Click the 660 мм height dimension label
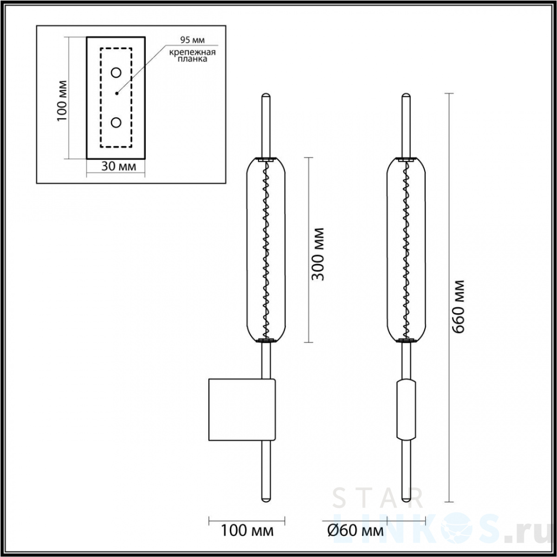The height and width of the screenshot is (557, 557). click(x=458, y=306)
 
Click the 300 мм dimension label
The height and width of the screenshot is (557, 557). click(x=318, y=254)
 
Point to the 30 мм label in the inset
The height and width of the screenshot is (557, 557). click(x=119, y=166)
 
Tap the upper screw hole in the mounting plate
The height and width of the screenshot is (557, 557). click(x=116, y=72)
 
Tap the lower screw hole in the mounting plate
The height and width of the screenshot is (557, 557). click(x=116, y=123)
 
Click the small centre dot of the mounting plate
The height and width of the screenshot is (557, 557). click(x=117, y=93)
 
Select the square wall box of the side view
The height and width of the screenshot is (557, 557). click(x=241, y=409)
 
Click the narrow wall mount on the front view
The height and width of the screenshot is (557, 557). click(x=406, y=409)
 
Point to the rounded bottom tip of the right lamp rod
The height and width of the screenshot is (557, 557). click(x=406, y=499)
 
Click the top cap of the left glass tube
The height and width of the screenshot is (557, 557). click(x=266, y=160)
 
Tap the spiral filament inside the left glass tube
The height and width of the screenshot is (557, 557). click(x=266, y=251)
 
